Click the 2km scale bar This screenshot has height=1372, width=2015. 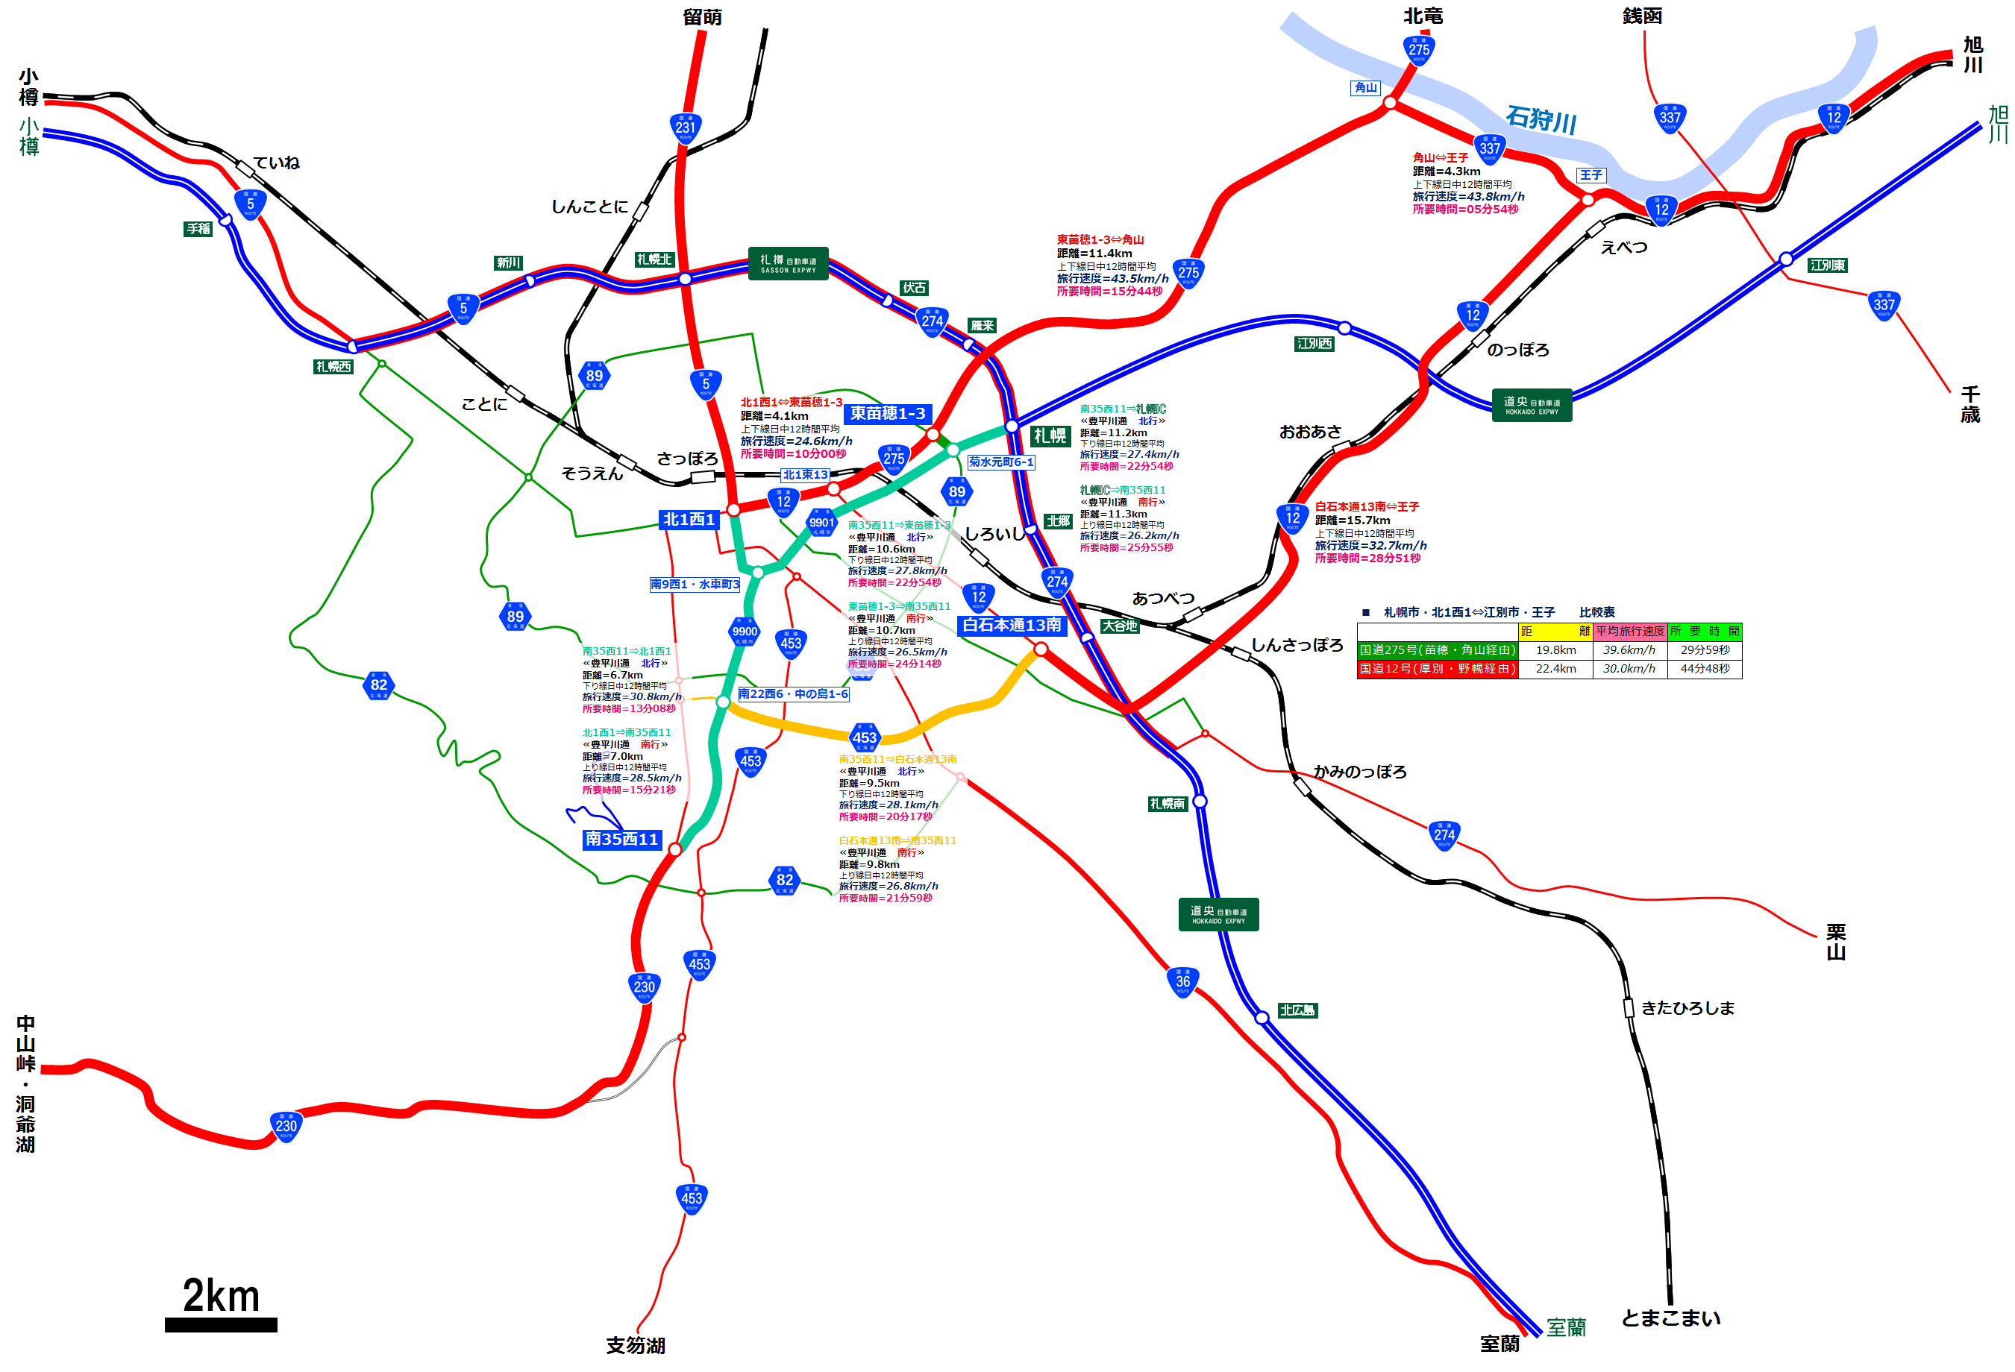(x=221, y=1324)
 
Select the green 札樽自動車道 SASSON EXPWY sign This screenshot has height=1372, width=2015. (x=787, y=263)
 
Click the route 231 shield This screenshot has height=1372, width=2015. (x=685, y=128)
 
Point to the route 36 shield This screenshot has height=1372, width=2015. (x=1182, y=982)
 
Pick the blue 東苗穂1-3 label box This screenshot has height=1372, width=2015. (x=887, y=413)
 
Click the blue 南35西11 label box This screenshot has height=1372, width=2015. (x=621, y=839)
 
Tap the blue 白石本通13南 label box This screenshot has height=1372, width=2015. (x=1011, y=625)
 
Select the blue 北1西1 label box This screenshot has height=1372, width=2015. (x=689, y=519)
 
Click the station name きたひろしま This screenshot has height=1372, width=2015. (x=1687, y=1008)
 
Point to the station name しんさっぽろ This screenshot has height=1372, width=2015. (x=1297, y=645)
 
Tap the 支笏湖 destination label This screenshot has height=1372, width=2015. (x=636, y=1345)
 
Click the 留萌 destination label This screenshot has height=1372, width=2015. (x=701, y=16)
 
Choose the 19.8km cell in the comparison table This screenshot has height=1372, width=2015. (x=1555, y=650)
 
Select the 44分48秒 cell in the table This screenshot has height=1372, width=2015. (x=1705, y=669)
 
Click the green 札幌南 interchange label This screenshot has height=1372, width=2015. (x=1167, y=805)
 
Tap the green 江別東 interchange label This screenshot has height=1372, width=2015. (x=1828, y=265)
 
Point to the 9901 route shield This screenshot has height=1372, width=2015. (x=821, y=523)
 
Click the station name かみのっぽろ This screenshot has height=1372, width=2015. (x=1359, y=771)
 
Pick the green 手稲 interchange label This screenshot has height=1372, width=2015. (x=198, y=229)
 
